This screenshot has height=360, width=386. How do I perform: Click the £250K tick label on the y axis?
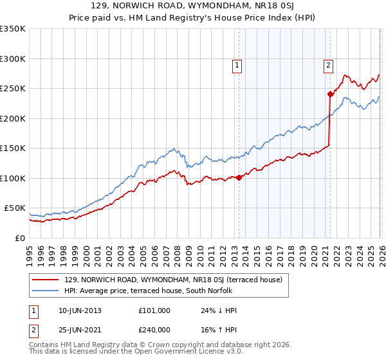12,89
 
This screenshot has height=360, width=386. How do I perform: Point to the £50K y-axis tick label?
14,208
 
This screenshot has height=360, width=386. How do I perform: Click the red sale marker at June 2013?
239,177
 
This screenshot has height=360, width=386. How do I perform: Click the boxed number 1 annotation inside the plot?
237,65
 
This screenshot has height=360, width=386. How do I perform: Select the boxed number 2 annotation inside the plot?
328,65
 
